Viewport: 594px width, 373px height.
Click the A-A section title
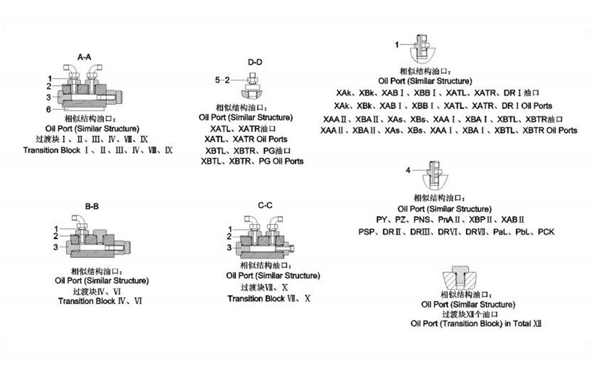[x=84, y=56]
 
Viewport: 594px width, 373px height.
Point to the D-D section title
[x=254, y=62]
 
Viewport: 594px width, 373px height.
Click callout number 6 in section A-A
[x=49, y=109]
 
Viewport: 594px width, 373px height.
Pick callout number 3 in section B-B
[x=56, y=247]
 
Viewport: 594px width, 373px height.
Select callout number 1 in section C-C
[x=229, y=228]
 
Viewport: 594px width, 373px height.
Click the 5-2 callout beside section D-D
[x=222, y=80]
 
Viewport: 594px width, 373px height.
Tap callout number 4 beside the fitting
[x=408, y=170]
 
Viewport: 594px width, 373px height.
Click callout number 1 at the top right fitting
[x=398, y=44]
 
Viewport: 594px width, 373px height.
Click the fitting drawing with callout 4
[x=436, y=178]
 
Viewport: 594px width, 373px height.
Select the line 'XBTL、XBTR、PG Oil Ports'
[x=252, y=161]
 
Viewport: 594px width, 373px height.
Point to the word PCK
[x=546, y=232]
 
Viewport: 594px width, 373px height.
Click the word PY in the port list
[x=382, y=220]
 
